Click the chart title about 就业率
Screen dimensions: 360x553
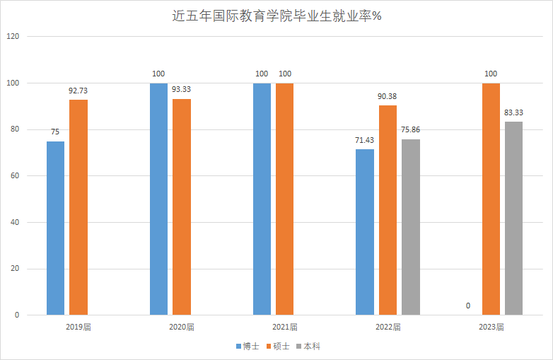point(276,16)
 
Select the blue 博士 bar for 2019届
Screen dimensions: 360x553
point(55,228)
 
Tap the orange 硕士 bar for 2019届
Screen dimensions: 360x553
point(78,207)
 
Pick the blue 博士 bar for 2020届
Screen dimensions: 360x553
point(158,199)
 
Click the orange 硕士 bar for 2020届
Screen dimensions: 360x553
point(182,207)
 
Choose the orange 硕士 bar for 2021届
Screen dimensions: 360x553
point(285,199)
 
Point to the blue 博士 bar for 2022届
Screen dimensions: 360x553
point(364,232)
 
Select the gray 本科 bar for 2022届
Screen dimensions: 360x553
point(411,226)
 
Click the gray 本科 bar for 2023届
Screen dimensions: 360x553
point(514,218)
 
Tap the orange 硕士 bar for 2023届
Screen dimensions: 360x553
point(491,199)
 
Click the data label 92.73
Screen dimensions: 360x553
point(78,91)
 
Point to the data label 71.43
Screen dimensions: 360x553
point(364,140)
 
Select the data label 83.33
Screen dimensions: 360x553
point(514,112)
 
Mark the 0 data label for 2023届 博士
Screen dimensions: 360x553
point(468,306)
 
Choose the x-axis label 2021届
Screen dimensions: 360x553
point(285,327)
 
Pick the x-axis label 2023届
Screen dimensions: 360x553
point(491,327)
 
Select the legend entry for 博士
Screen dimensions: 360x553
point(248,347)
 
